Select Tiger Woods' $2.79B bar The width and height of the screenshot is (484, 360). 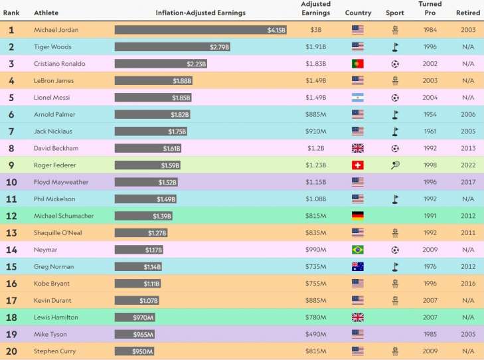(x=173, y=47)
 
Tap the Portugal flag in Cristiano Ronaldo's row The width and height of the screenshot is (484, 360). (x=358, y=64)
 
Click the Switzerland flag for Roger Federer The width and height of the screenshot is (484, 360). (x=358, y=165)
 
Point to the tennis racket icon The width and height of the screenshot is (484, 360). (x=395, y=165)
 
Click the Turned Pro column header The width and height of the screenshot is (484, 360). (x=430, y=9)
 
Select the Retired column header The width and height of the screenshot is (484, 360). (x=468, y=13)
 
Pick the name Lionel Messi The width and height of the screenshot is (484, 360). (x=52, y=98)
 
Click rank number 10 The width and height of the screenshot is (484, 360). (x=11, y=182)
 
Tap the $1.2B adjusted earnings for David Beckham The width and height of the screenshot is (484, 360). (x=315, y=148)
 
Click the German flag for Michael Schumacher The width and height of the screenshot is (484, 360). (x=358, y=216)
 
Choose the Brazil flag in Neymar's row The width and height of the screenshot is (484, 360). (x=358, y=250)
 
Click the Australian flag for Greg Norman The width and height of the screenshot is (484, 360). (x=358, y=267)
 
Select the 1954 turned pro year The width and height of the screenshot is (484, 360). (x=430, y=114)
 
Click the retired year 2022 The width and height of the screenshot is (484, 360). (x=468, y=165)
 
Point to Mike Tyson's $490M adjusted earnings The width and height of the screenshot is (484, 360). (x=315, y=334)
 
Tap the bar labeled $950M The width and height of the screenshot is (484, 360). (x=134, y=351)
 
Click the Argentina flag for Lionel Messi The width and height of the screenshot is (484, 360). (x=358, y=98)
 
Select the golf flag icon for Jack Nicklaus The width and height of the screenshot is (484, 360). (x=395, y=132)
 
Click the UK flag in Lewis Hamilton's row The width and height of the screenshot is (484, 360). (x=358, y=317)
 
